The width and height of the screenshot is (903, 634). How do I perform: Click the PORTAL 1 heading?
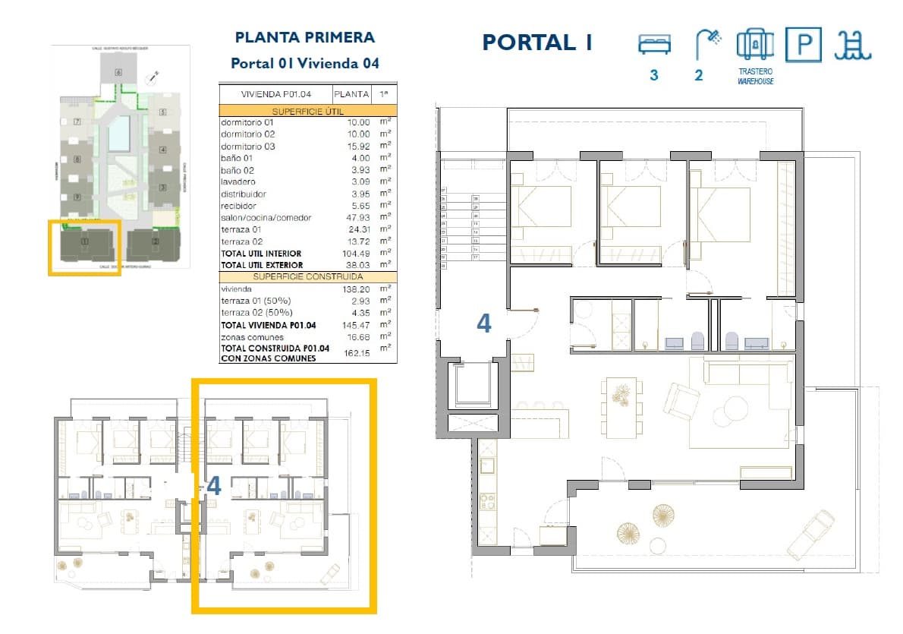coord(537,43)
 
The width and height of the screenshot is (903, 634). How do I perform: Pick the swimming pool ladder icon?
coord(853,45)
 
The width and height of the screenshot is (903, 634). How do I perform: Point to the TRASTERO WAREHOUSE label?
coord(755,77)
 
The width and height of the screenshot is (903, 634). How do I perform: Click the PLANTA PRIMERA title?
coord(304,37)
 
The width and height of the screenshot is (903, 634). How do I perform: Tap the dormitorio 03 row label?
coord(247,146)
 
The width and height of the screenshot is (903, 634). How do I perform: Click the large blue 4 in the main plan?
coord(483,324)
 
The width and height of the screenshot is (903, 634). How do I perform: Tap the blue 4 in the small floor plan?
coord(214,486)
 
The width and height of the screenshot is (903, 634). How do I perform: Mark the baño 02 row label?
coord(237,170)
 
